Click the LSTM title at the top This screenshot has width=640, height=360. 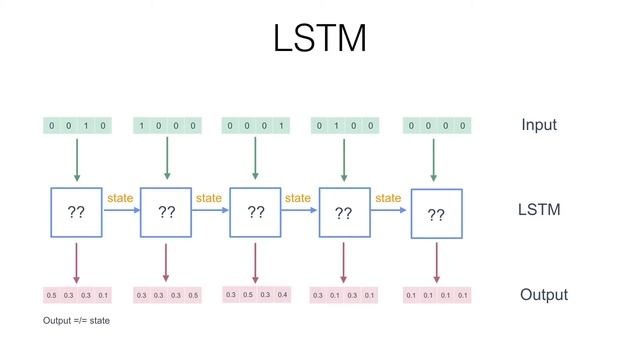coord(320,39)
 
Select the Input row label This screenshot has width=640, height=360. coord(539,125)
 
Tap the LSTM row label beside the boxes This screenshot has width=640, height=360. coord(539,210)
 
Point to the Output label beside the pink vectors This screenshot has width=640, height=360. coord(544,295)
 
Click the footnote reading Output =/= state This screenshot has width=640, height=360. coord(76,321)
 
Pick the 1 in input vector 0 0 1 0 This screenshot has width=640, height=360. coord(86,126)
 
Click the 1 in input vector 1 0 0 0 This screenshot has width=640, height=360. coord(141,126)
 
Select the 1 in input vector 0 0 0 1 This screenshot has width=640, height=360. coord(283,126)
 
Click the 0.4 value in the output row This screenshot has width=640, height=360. coord(283,295)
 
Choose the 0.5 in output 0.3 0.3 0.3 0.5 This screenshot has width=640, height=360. coord(193,296)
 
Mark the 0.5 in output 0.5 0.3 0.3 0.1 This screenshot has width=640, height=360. coord(51,296)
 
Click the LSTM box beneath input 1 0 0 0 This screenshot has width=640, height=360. coord(166,212)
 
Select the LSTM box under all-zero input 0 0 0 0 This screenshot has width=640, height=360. coord(437,214)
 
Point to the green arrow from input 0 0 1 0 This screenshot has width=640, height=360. coord(76,158)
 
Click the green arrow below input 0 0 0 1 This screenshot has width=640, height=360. coord(255,158)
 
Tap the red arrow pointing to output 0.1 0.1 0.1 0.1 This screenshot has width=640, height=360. coord(437,263)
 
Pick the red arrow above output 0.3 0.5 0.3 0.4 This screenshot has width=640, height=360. coord(255,262)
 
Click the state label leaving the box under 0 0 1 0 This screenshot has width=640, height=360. coord(119,199)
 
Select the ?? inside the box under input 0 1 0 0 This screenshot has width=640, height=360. coord(343,213)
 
